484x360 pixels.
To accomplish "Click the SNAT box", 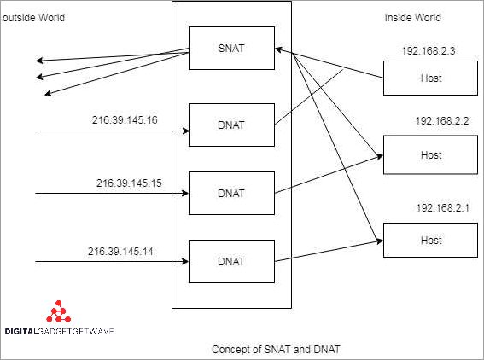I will pos(231,48).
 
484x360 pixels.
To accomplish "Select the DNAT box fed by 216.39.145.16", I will pos(231,125).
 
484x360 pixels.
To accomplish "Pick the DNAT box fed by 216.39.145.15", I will pos(231,193).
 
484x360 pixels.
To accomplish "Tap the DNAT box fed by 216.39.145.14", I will pos(231,261).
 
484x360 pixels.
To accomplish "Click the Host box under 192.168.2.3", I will pos(431,80).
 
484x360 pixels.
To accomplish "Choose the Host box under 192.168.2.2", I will pos(431,154).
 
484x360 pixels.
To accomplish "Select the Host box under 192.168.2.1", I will pos(431,240).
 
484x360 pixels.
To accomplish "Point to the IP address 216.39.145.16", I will pos(125,119).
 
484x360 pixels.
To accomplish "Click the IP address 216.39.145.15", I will pos(129,183).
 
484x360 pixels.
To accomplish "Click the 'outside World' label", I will pos(33,18).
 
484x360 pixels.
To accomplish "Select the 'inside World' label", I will pos(413,18).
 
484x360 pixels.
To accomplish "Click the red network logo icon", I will pos(59,311).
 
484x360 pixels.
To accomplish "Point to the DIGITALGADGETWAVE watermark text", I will pos(59,331).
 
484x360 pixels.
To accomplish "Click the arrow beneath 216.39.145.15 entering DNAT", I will pos(111,193).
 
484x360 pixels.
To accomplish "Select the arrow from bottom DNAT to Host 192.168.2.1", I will pos(329,252).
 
